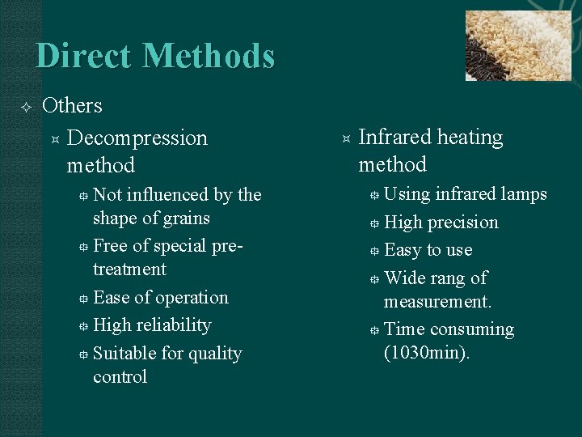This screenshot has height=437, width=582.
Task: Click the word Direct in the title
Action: tap(84, 56)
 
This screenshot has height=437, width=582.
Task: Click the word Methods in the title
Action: tap(209, 56)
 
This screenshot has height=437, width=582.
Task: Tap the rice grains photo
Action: tap(518, 45)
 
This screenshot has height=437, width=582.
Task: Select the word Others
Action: tap(72, 106)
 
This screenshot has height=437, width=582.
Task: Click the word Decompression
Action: tap(137, 138)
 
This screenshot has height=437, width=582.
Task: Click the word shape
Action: tap(115, 218)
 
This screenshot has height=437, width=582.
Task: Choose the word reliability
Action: tap(170, 325)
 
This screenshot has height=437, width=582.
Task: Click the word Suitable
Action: tap(122, 354)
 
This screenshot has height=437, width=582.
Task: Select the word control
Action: tap(120, 377)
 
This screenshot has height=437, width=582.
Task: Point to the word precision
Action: tap(461, 223)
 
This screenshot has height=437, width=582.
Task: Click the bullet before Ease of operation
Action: tap(83, 299)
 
